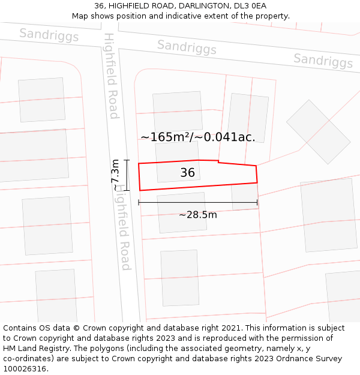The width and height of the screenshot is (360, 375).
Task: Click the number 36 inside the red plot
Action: click(188, 173)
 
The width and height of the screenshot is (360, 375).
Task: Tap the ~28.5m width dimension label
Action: click(198, 215)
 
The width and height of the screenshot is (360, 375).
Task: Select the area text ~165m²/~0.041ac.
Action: click(198, 137)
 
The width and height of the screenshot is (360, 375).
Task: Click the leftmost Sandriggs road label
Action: click(49, 35)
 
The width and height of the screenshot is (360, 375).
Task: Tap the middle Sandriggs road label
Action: click(187, 46)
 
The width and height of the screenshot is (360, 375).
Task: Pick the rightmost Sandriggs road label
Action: click(323, 60)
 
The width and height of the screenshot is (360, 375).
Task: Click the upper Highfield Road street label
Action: click(112, 76)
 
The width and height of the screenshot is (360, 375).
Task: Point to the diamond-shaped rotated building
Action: click(318, 131)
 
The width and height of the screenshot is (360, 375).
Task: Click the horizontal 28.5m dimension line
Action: click(198, 203)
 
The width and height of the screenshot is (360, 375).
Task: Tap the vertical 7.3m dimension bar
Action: click(127, 175)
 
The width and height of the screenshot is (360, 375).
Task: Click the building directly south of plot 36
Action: click(182, 212)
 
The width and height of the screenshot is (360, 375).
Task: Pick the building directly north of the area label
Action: click(178, 111)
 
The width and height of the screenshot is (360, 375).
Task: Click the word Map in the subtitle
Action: click(80, 16)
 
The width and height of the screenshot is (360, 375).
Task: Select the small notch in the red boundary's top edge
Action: click(218, 161)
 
